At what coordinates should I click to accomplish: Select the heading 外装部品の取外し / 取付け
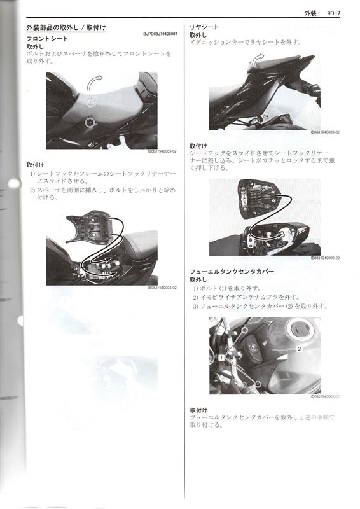coord(66,28)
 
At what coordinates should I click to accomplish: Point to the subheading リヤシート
coord(204,27)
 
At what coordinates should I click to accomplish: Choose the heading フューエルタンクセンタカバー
coord(232,271)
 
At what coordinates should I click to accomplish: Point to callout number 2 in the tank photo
coord(298,349)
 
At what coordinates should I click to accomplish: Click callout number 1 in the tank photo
coord(220,358)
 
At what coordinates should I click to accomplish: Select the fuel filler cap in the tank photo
coord(299,331)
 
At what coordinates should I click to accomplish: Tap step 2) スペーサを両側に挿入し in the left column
coord(102,190)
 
